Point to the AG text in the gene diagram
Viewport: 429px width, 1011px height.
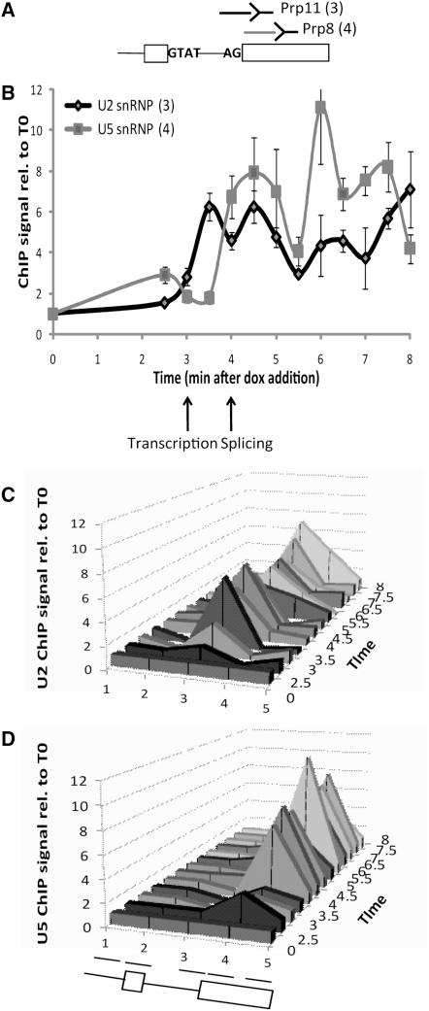[x=231, y=55]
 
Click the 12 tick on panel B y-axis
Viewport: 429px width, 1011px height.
[x=36, y=90]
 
